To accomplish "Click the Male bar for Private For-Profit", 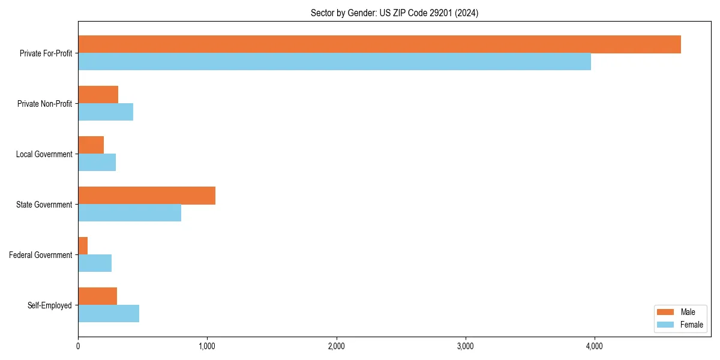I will point(379,44).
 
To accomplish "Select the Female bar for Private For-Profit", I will point(334,62).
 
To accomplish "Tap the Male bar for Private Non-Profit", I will point(98,95).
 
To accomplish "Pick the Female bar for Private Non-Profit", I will point(106,112).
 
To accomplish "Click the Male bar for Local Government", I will point(91,145).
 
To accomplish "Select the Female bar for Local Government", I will point(97,163).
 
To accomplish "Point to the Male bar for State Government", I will point(146,196).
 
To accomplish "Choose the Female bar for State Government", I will point(130,213).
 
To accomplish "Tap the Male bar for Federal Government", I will point(83,246).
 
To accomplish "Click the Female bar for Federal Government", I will point(95,263).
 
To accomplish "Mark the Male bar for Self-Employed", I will point(97,296).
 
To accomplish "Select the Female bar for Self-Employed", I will point(109,314).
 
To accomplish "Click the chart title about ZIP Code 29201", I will point(394,13).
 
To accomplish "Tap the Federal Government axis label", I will point(40,255).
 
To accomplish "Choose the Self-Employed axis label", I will point(49,305).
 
